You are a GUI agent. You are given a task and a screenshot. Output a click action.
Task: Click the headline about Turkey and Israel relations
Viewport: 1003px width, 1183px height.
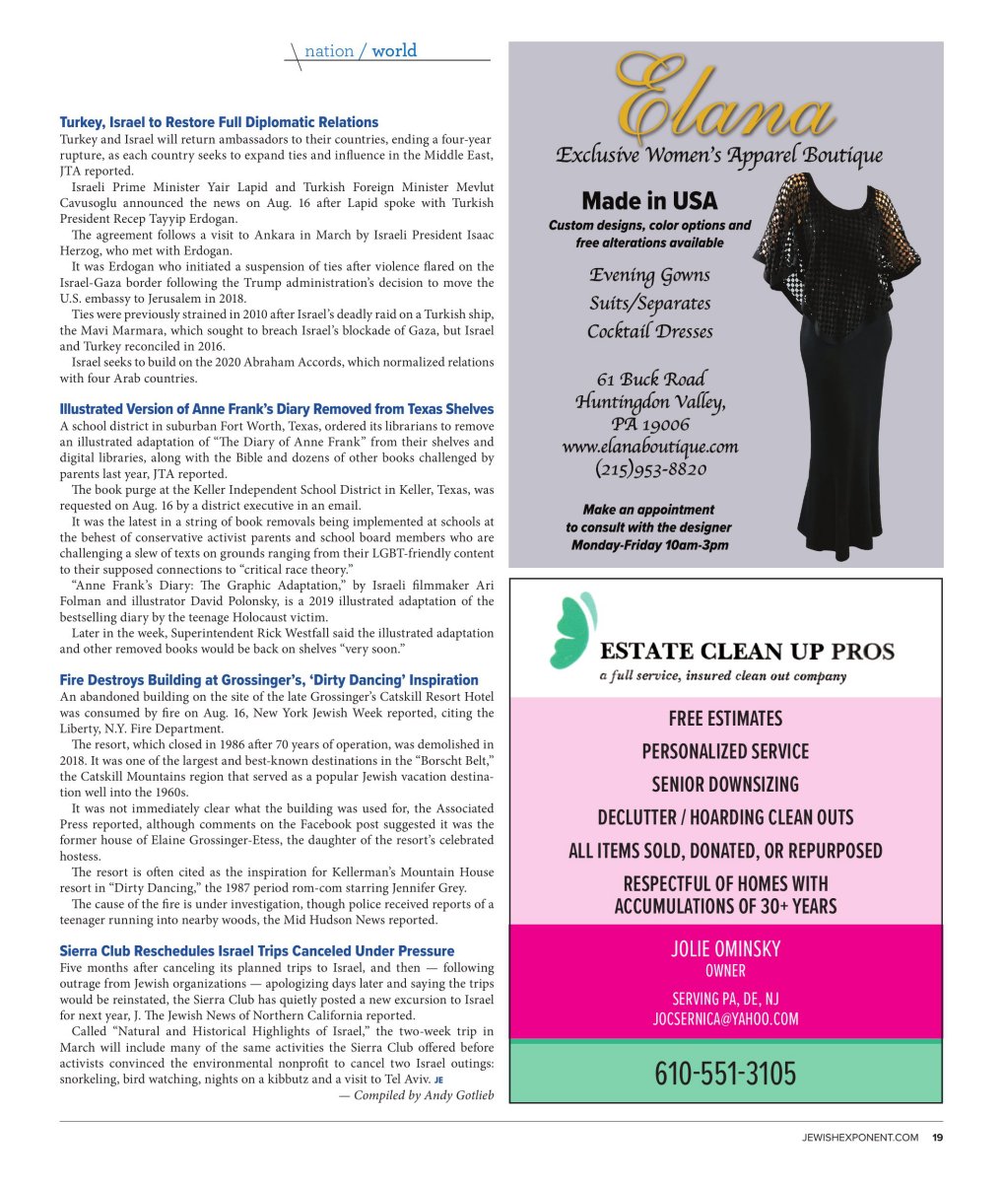[x=219, y=122]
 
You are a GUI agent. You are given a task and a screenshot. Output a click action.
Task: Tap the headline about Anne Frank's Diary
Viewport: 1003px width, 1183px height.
[x=276, y=408]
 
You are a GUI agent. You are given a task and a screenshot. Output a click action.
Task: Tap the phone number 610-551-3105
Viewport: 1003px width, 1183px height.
[x=725, y=1073]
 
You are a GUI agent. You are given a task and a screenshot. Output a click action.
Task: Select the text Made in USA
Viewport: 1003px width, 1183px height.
[x=649, y=201]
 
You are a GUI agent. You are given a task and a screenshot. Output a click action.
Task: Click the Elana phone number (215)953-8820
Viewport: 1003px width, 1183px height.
[x=650, y=469]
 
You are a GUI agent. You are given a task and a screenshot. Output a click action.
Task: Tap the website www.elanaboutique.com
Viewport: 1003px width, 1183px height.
[x=650, y=447]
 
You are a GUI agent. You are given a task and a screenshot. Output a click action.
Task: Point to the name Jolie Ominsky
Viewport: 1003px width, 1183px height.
[x=725, y=948]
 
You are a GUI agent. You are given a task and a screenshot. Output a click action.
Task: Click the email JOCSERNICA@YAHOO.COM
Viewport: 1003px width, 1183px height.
[x=725, y=1019]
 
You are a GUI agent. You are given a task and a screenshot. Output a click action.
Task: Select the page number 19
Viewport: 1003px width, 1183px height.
[x=937, y=1138]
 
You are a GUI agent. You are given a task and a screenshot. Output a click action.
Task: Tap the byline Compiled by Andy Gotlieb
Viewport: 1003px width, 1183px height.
[x=416, y=1095]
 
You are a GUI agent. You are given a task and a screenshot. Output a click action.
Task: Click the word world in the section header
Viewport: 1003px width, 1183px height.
[x=394, y=50]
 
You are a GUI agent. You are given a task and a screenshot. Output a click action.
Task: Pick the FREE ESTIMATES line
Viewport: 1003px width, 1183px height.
[x=725, y=718]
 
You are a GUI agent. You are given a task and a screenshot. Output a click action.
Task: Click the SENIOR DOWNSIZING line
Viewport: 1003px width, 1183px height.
[x=725, y=785]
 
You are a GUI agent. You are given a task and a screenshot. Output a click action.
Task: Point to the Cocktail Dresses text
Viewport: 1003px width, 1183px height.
[x=649, y=331]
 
